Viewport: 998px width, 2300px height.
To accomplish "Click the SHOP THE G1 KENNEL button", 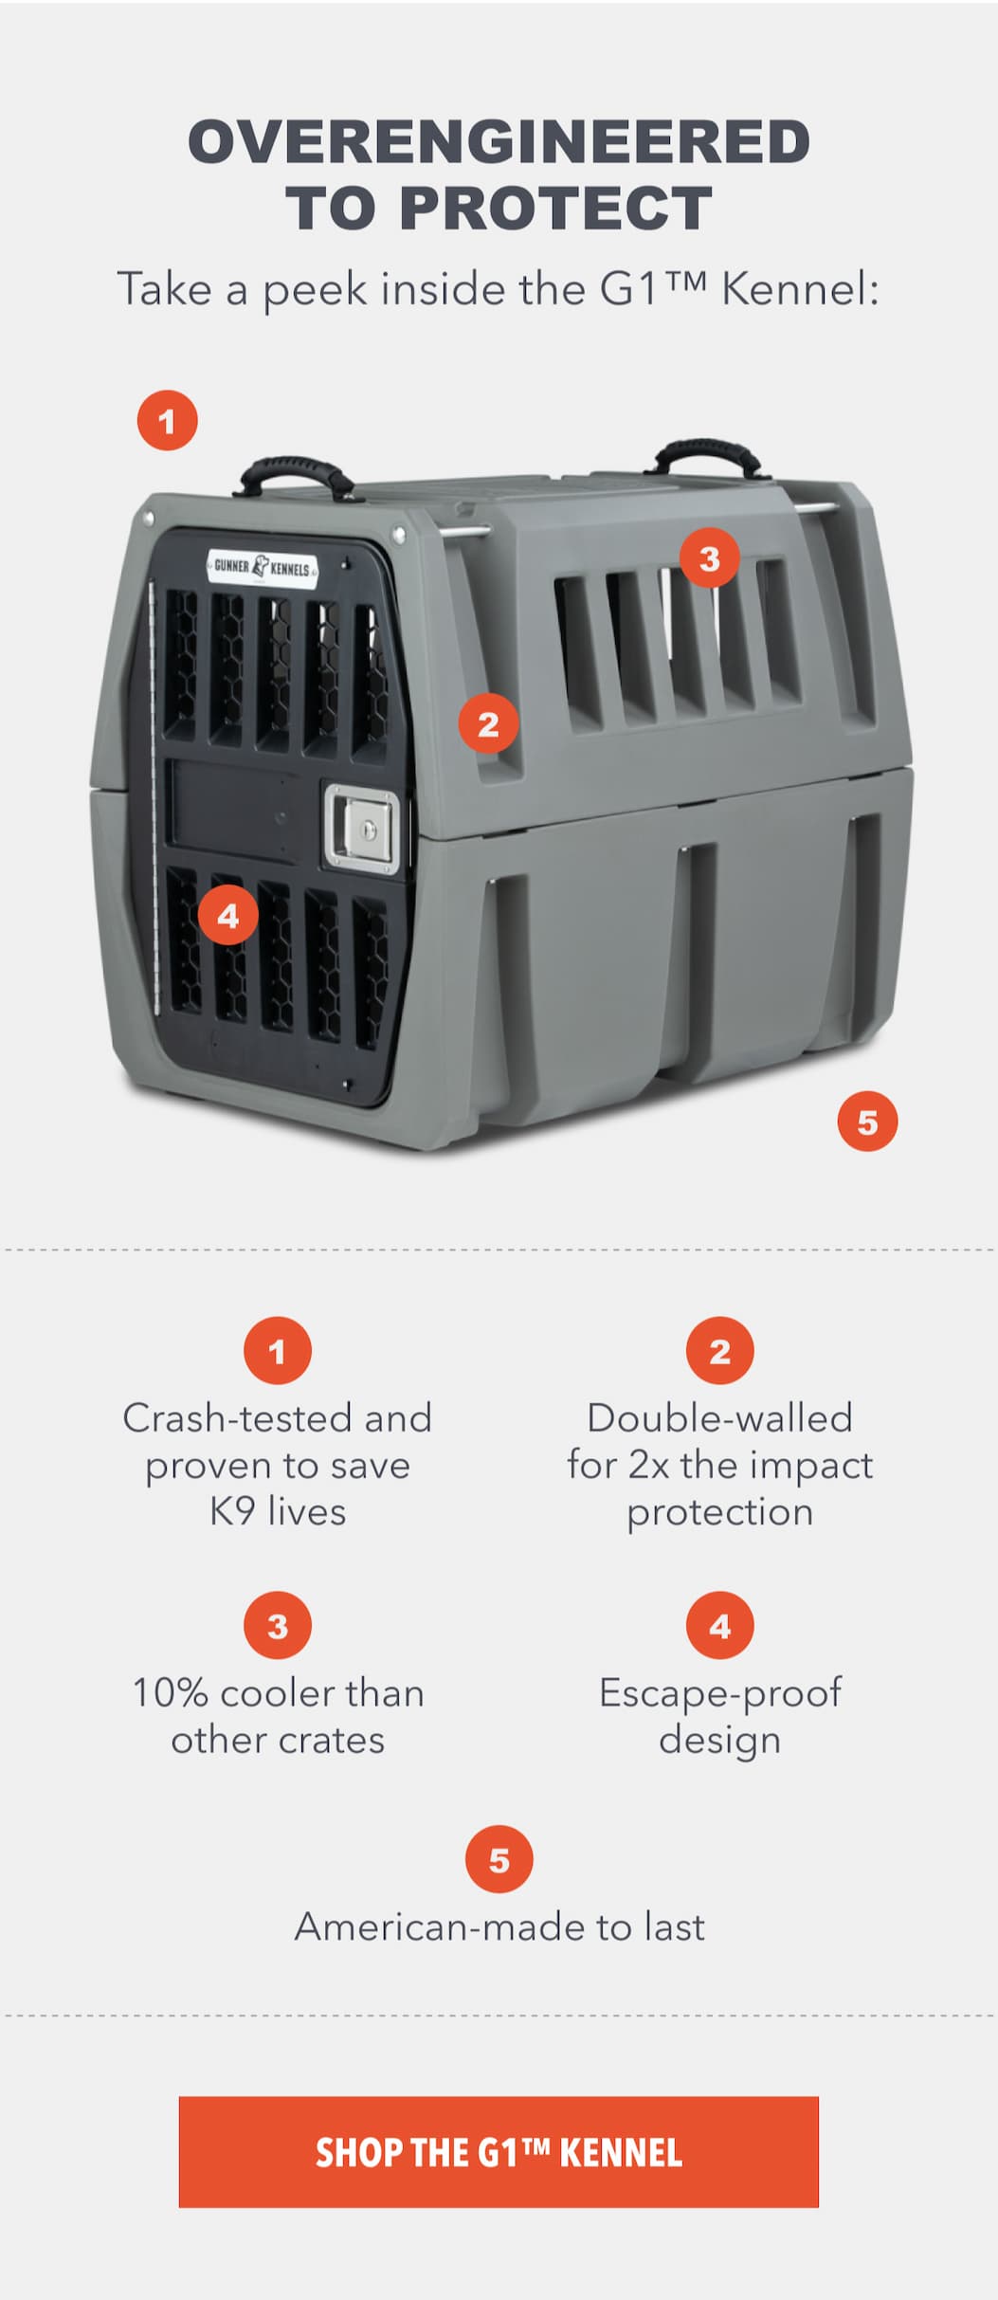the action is (x=499, y=2151).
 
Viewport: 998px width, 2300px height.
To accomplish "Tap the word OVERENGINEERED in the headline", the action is (x=499, y=141).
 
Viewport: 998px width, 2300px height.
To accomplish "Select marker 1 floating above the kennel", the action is (x=168, y=421).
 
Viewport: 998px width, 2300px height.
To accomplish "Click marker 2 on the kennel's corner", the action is (x=488, y=724).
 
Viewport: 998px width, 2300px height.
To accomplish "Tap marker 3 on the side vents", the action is (x=710, y=558).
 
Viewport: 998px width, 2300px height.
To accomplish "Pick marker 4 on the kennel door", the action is (x=228, y=916).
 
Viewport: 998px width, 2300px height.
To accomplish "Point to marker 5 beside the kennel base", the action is (x=867, y=1122).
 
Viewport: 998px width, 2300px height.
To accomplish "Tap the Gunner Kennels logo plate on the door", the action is (x=263, y=567).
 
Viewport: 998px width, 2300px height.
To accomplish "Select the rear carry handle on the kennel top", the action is (x=707, y=458).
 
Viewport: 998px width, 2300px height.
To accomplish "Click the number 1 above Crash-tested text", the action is (x=278, y=1351).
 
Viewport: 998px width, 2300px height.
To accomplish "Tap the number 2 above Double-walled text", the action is (x=720, y=1351).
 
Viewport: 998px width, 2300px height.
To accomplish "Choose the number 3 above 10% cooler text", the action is (x=278, y=1626).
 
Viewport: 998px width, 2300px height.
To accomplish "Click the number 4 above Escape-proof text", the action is (x=720, y=1626).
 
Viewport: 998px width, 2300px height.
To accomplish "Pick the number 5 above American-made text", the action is (x=499, y=1860).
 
